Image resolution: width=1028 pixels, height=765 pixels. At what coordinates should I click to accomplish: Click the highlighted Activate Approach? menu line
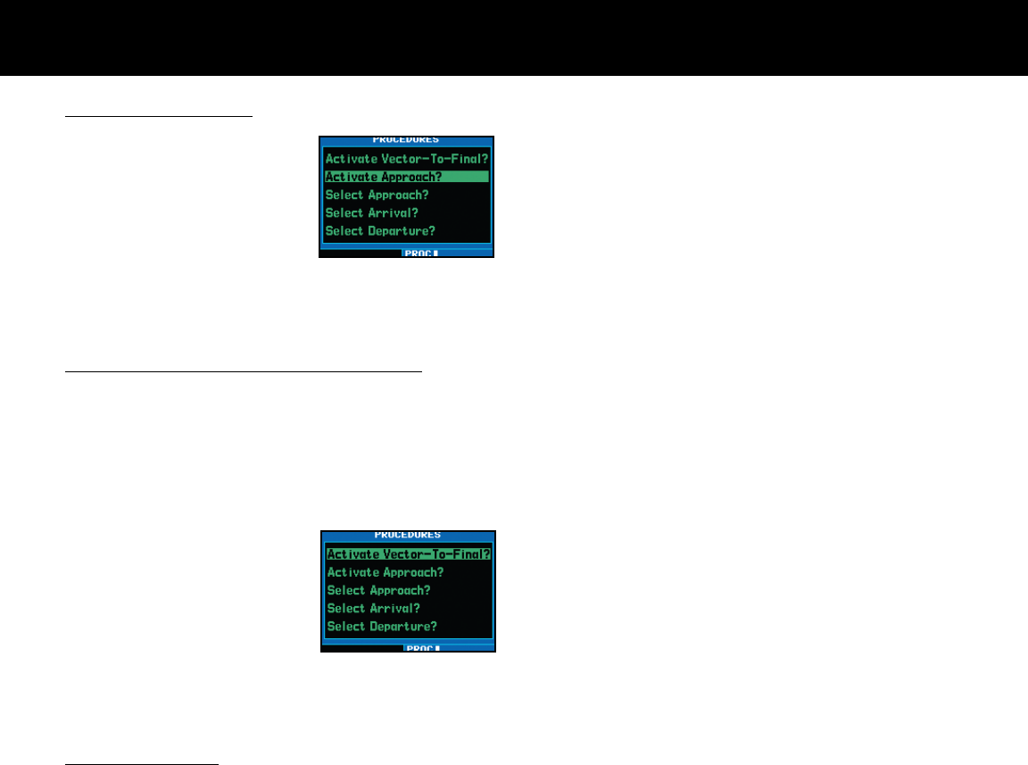coord(384,177)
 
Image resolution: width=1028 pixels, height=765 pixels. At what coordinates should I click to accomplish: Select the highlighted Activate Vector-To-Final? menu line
coord(409,554)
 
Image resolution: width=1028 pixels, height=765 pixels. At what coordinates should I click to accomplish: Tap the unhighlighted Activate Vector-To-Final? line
coord(407,159)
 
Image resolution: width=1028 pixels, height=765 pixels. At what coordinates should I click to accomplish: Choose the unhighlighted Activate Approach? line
coord(385,572)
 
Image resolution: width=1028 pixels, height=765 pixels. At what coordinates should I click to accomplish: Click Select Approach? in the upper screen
coord(377,195)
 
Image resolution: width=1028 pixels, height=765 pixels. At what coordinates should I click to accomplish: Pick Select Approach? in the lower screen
coord(378,590)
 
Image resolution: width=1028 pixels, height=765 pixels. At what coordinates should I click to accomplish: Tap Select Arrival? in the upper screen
coord(371,212)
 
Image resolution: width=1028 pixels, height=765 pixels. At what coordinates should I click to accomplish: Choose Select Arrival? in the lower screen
coord(373,608)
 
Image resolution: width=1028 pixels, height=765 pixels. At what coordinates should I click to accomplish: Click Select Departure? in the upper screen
coord(380,230)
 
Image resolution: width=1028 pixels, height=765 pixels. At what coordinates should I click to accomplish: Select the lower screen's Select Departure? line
coord(382,626)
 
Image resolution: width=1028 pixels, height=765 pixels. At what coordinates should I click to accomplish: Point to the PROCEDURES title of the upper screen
coord(406,140)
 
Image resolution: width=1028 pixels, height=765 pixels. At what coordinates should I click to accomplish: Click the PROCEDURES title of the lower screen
coord(408,536)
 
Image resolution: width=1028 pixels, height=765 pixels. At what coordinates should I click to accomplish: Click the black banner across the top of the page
coord(514,37)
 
